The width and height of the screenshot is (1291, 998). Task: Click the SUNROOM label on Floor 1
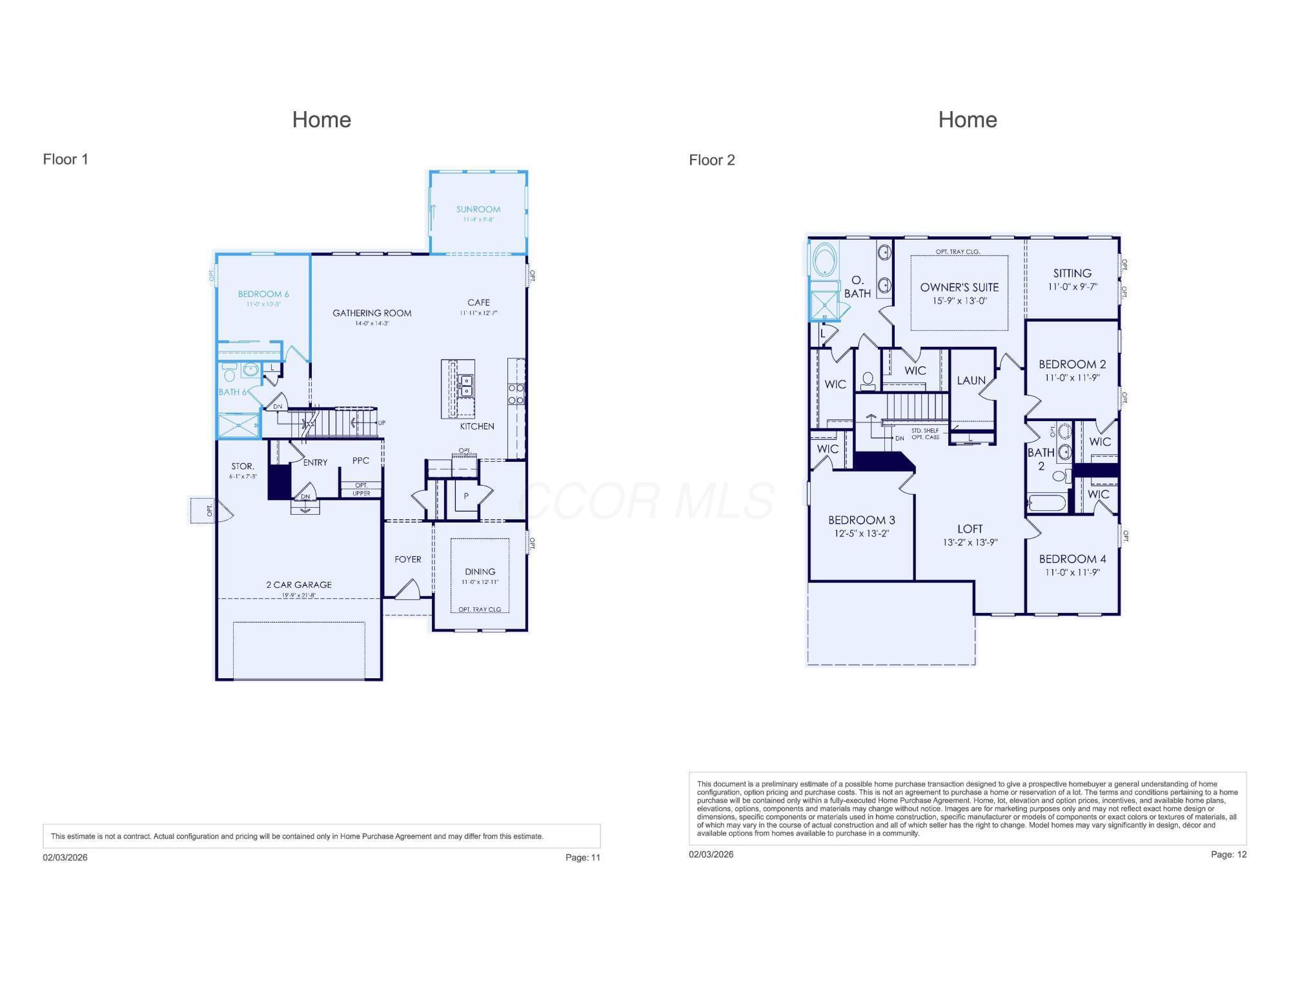click(x=478, y=209)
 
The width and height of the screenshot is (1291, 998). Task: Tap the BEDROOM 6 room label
click(x=263, y=294)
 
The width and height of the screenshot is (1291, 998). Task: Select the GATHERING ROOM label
click(x=372, y=313)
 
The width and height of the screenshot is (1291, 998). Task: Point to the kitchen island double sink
click(x=465, y=386)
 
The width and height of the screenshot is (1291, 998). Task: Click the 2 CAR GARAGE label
click(x=299, y=585)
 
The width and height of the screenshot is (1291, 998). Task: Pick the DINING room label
click(x=480, y=572)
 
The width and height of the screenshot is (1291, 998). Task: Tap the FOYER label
click(x=407, y=559)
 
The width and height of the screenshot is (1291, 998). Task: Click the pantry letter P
click(x=466, y=497)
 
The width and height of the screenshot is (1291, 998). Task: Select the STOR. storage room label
click(x=243, y=466)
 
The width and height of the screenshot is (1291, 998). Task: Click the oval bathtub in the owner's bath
click(x=824, y=261)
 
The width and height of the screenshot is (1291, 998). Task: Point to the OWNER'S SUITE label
click(x=959, y=287)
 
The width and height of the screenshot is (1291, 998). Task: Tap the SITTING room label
click(x=1072, y=273)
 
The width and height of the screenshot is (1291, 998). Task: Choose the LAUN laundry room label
click(x=971, y=380)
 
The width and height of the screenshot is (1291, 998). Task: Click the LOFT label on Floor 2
click(x=970, y=529)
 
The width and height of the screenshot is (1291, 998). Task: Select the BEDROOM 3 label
click(x=861, y=520)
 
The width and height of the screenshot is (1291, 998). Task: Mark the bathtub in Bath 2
click(x=1046, y=503)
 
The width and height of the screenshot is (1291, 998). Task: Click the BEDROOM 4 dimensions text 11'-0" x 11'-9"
click(x=1072, y=572)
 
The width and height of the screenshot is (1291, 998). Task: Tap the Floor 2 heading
click(x=711, y=160)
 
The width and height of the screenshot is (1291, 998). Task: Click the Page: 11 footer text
click(x=582, y=857)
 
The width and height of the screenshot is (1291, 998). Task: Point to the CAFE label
click(x=478, y=302)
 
